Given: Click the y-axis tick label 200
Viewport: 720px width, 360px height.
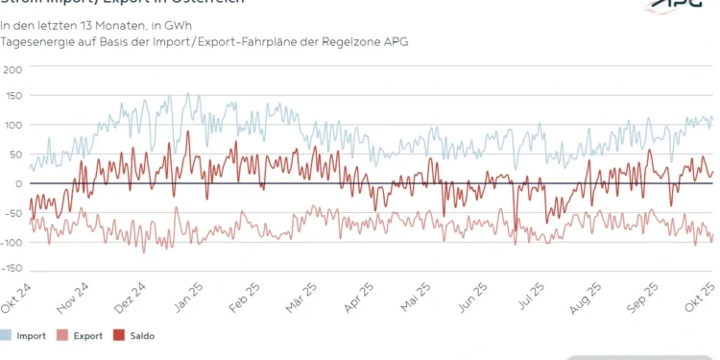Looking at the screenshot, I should pos(12,69).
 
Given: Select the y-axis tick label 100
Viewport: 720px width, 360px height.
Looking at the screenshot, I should pos(12,126).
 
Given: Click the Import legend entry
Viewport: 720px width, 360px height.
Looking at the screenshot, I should pos(25,336).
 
